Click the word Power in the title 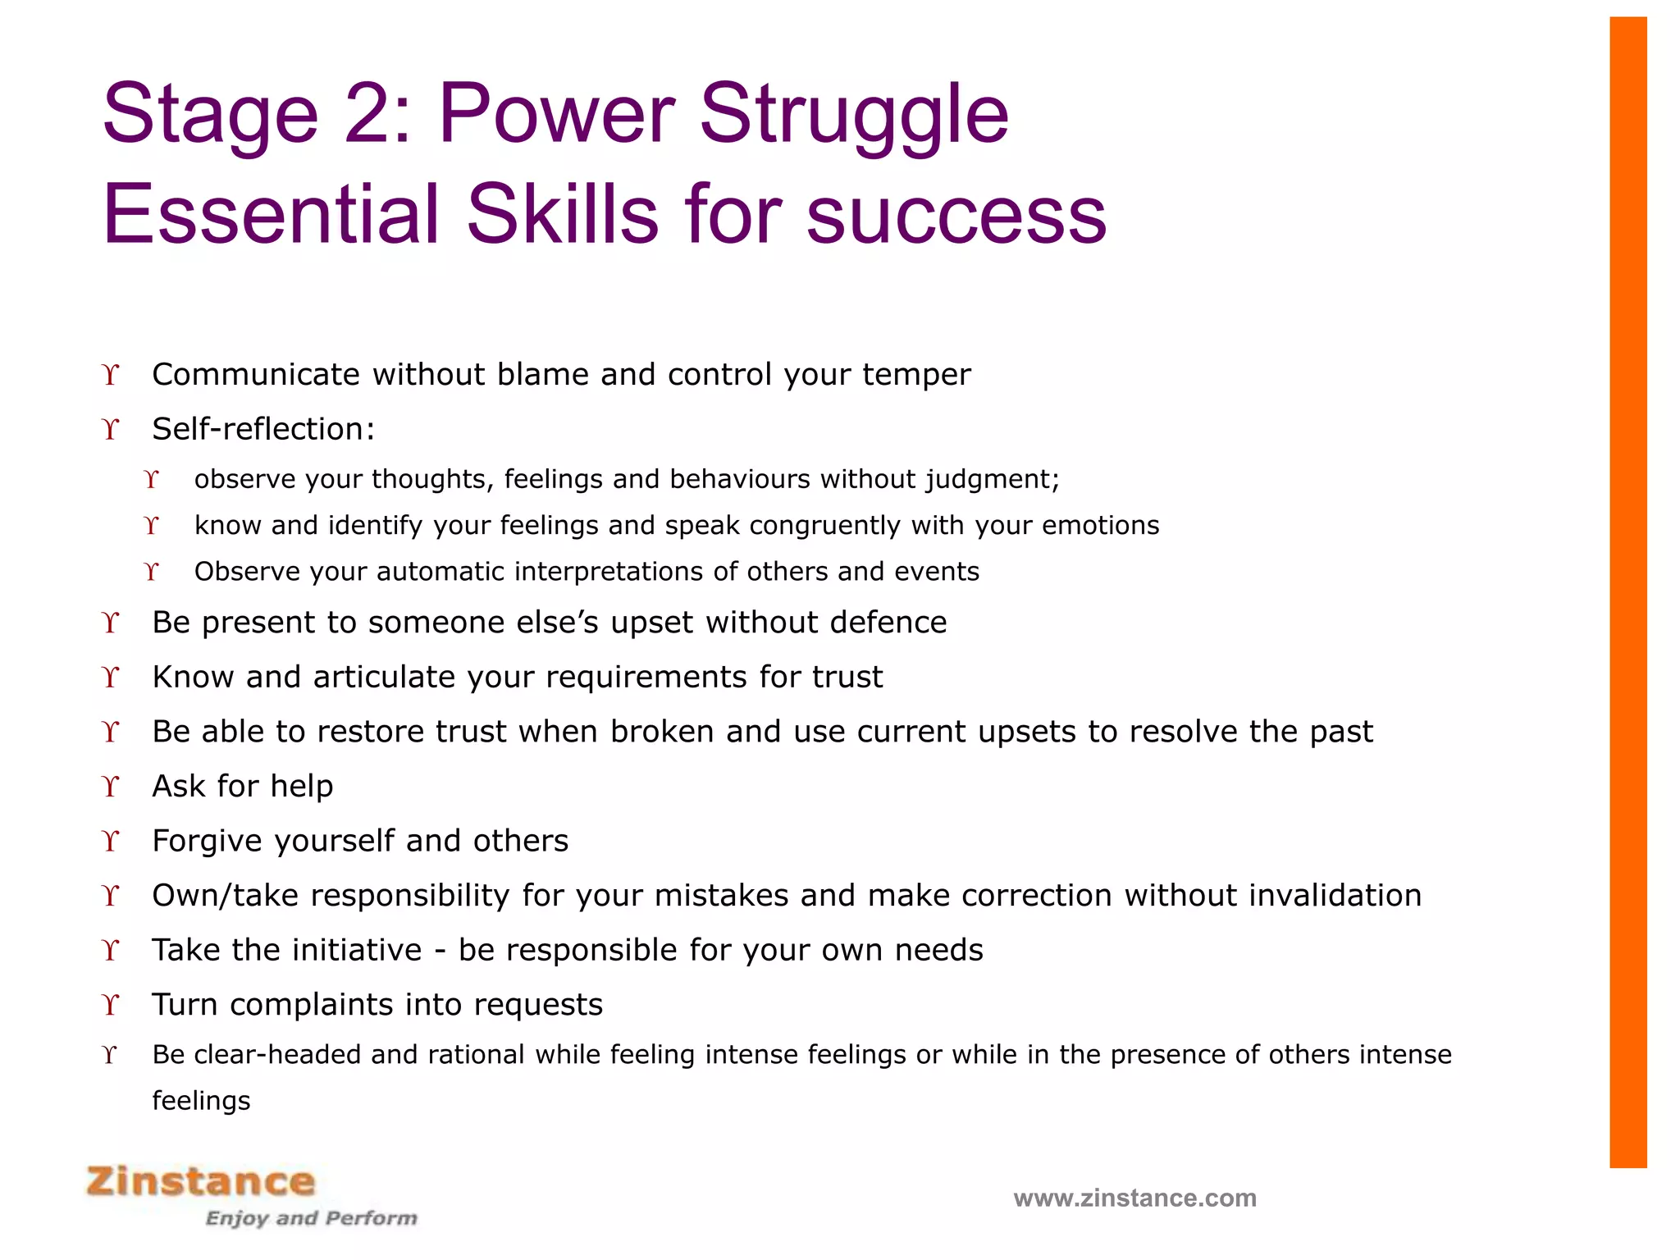click(x=557, y=115)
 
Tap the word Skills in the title click(x=562, y=215)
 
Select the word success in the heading click(x=956, y=215)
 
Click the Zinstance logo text click(x=201, y=1181)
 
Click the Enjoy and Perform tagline click(x=311, y=1218)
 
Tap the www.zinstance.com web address click(x=1134, y=1198)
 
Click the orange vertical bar click(x=1627, y=591)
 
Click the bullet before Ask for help click(x=112, y=786)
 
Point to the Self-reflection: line click(x=263, y=429)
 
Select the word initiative click(x=357, y=950)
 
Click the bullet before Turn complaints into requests click(x=112, y=1005)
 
